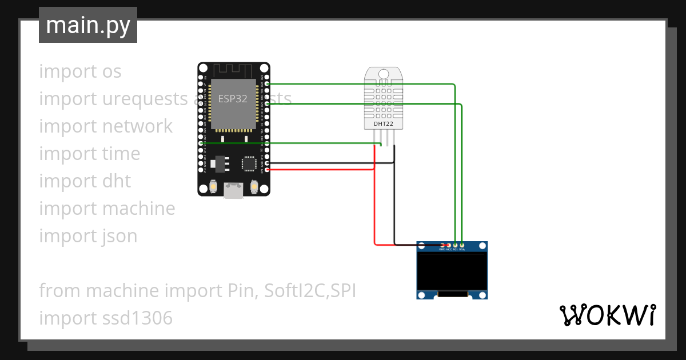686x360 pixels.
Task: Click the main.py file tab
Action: tap(87, 25)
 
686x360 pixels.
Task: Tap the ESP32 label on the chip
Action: tap(233, 98)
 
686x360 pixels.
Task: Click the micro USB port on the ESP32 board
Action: tap(233, 190)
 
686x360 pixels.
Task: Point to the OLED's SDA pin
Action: tap(462, 245)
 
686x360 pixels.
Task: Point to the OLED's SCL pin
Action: tap(455, 245)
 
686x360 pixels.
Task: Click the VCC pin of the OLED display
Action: tap(449, 245)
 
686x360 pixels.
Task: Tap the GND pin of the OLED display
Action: tap(442, 245)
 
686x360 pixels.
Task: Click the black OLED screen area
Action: tap(452, 273)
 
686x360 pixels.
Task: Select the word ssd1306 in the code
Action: tap(138, 318)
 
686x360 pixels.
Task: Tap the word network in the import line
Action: tap(138, 126)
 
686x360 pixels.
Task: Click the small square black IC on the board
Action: tap(249, 163)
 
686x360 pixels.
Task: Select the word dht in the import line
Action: tap(117, 181)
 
